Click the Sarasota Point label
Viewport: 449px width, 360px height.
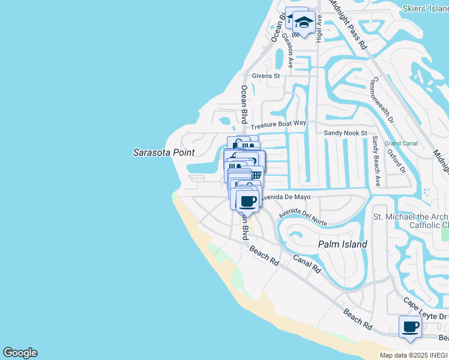pyautogui.click(x=163, y=152)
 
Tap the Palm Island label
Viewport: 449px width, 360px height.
pyautogui.click(x=342, y=245)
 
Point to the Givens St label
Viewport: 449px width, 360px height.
pyautogui.click(x=266, y=76)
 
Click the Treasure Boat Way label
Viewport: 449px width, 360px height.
pyautogui.click(x=279, y=124)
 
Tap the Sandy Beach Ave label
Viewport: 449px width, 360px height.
pyautogui.click(x=375, y=160)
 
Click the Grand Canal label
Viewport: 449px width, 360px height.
pyautogui.click(x=401, y=143)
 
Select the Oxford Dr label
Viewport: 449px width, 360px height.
pyautogui.click(x=397, y=160)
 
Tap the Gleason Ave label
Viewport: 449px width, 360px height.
pyautogui.click(x=289, y=50)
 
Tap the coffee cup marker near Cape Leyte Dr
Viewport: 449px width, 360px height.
pyautogui.click(x=411, y=327)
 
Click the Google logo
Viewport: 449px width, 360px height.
pyautogui.click(x=20, y=353)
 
